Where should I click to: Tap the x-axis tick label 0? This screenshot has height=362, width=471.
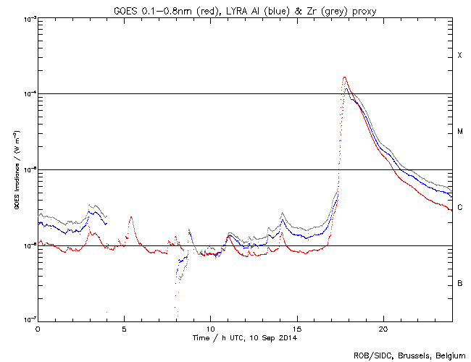point(38,328)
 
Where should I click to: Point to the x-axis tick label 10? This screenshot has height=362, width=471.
point(210,328)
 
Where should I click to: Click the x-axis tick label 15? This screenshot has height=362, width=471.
point(296,328)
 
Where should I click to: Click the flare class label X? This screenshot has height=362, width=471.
point(459,56)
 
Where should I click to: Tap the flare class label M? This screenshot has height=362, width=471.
point(459,132)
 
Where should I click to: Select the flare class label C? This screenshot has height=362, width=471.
point(459,208)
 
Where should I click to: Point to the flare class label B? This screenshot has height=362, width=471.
point(459,283)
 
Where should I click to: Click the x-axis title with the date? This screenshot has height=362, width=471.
point(244,337)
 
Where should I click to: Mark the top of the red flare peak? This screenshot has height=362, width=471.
point(345,77)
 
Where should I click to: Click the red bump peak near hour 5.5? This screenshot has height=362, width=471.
point(131,216)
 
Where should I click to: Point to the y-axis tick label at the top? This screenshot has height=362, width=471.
point(28,19)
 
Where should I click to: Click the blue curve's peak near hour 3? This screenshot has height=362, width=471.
point(92,211)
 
